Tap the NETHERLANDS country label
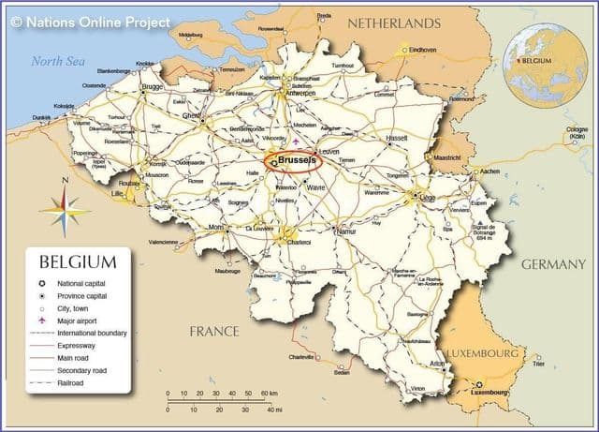(393, 22)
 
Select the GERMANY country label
(552, 265)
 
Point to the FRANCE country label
(214, 331)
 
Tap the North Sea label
(58, 61)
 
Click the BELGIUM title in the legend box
(78, 262)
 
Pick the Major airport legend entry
(80, 320)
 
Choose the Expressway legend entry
(79, 345)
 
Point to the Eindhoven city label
(423, 50)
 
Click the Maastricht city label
(448, 157)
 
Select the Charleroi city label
(299, 242)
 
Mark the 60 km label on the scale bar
(269, 393)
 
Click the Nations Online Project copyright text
(90, 20)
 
